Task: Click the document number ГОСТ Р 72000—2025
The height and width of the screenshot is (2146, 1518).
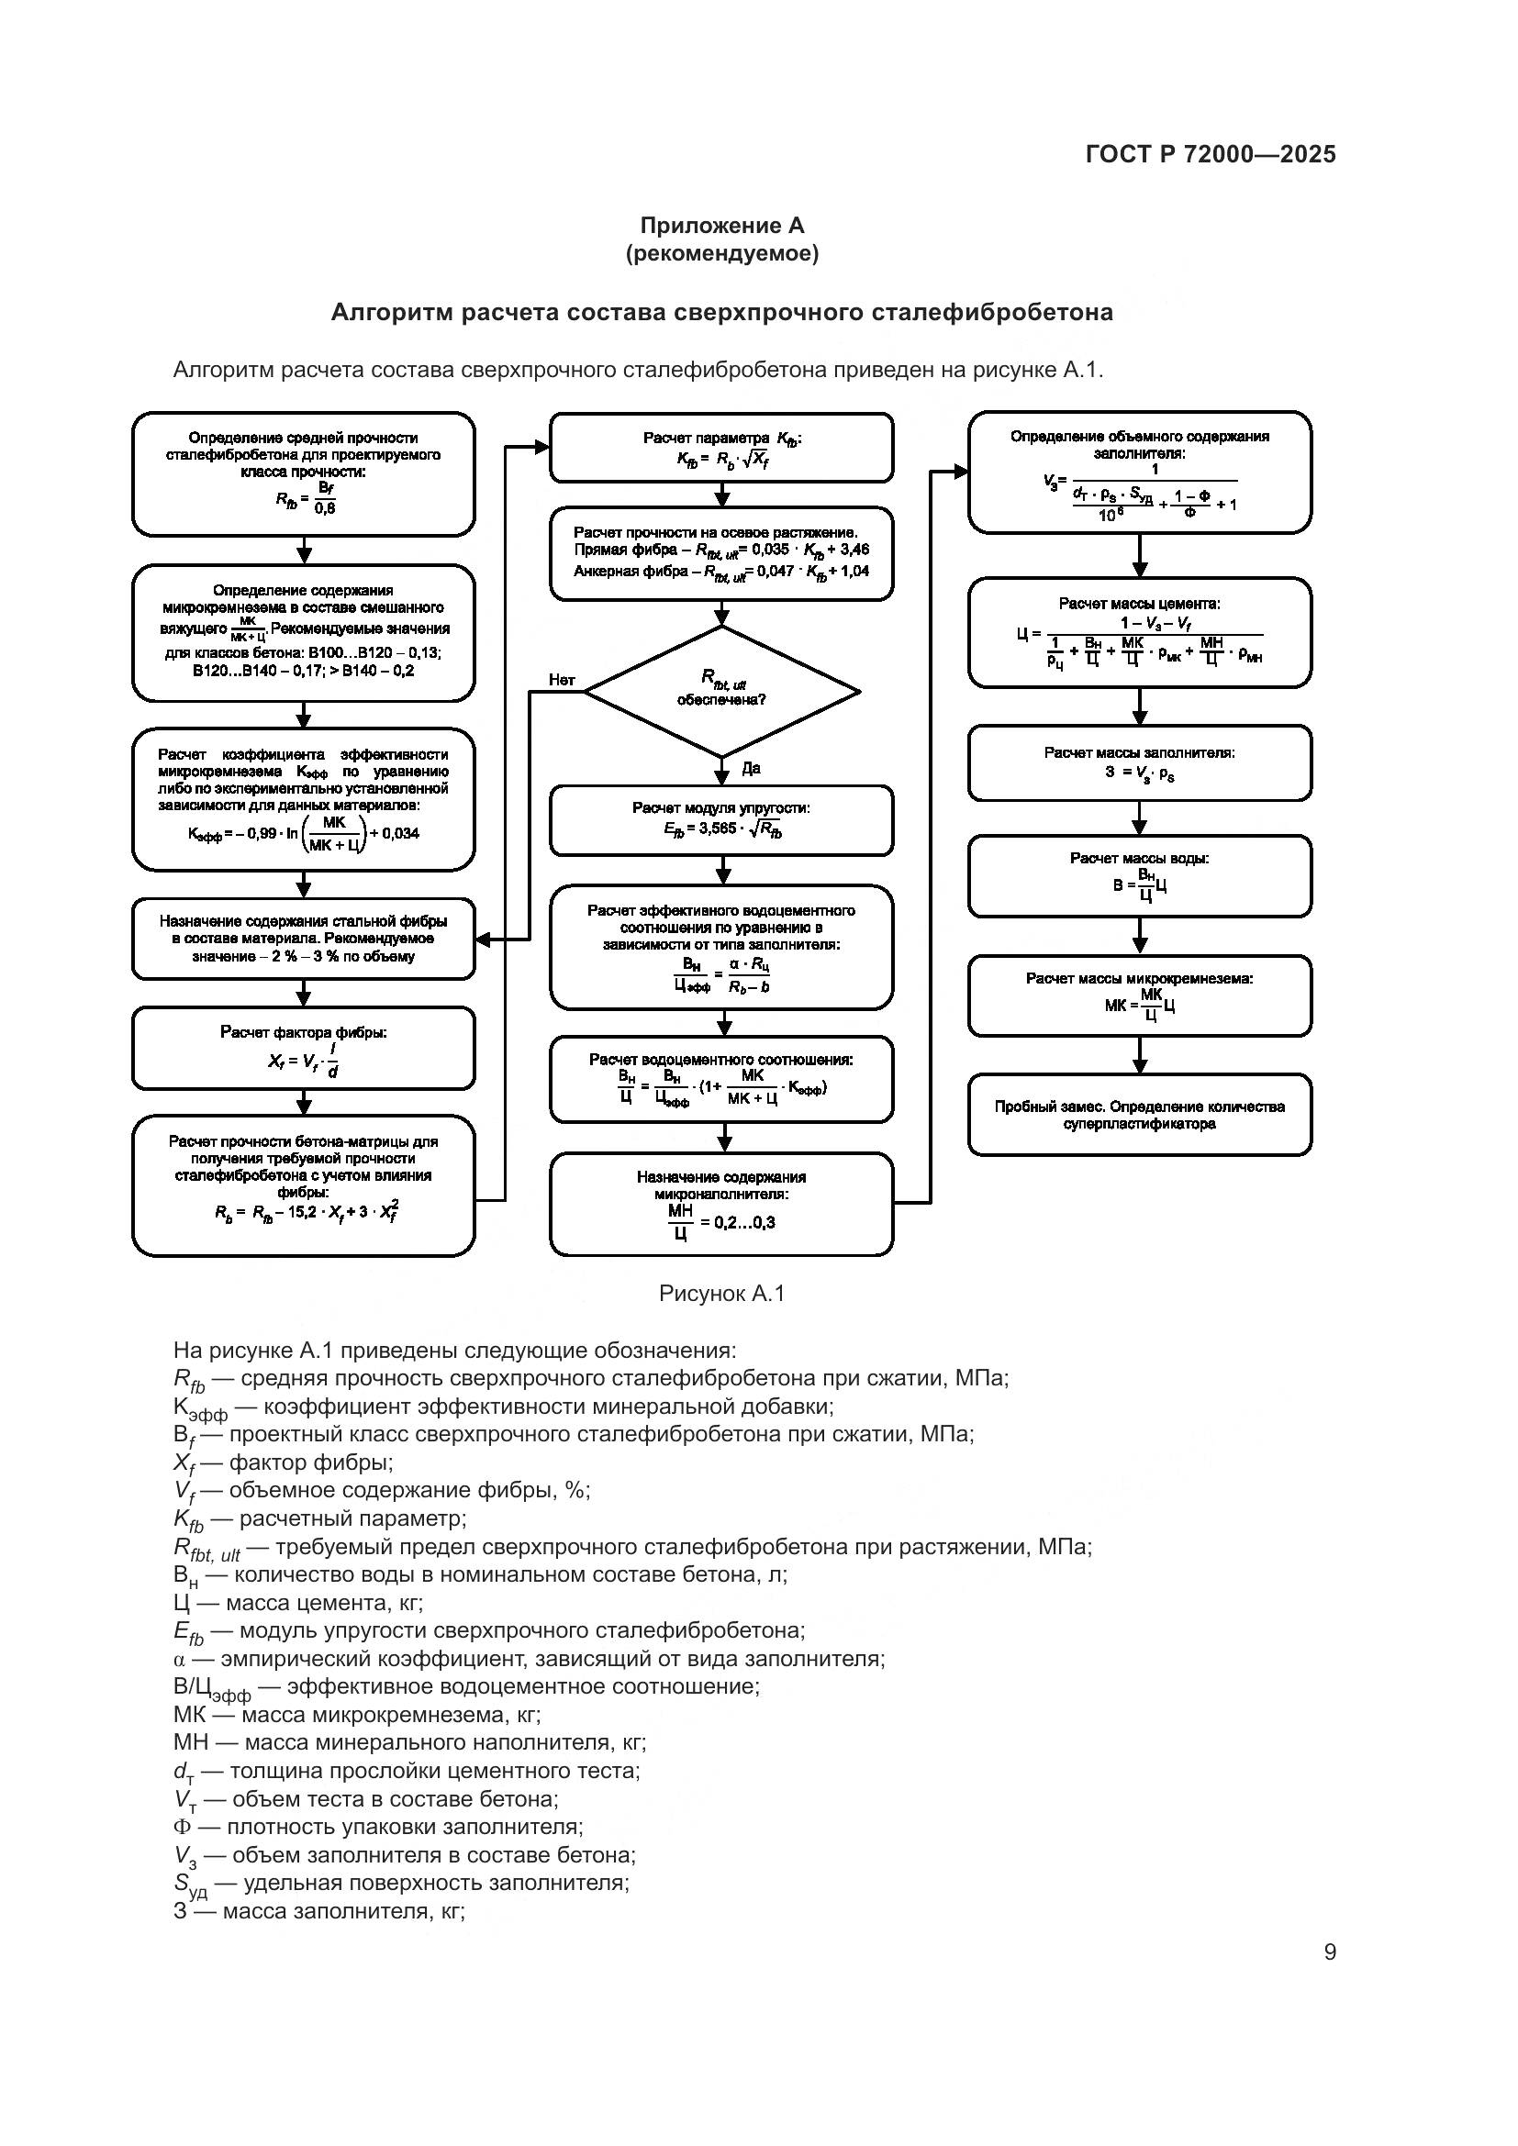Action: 1211,154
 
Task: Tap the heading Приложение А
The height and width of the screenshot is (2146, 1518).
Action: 721,226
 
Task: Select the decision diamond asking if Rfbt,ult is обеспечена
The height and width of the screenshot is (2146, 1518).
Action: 721,691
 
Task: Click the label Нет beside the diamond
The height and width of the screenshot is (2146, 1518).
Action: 562,680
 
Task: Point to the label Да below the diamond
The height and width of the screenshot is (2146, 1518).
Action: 751,768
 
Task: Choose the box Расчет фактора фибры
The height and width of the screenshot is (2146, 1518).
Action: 303,1048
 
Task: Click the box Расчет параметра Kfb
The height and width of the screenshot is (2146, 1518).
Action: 721,448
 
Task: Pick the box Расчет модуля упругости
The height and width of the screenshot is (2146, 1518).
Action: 721,819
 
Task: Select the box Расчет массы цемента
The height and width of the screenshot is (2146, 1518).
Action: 1140,632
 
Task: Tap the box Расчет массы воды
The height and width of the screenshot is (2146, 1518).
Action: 1140,876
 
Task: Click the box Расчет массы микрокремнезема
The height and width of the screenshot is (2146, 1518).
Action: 1140,995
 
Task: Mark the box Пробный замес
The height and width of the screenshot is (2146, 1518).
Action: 1140,1115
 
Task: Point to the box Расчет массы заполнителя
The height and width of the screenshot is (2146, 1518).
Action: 1140,763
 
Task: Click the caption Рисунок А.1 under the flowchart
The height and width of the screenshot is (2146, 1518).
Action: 721,1294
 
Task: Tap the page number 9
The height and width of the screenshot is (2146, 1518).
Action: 1329,1952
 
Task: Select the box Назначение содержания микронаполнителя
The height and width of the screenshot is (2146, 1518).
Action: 721,1204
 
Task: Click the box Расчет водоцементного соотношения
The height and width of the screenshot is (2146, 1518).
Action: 721,1080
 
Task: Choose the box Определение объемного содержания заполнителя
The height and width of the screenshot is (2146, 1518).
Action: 1140,472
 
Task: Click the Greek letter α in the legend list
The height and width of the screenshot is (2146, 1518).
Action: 181,1659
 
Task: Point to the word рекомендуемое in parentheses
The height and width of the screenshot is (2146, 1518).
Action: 721,253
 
